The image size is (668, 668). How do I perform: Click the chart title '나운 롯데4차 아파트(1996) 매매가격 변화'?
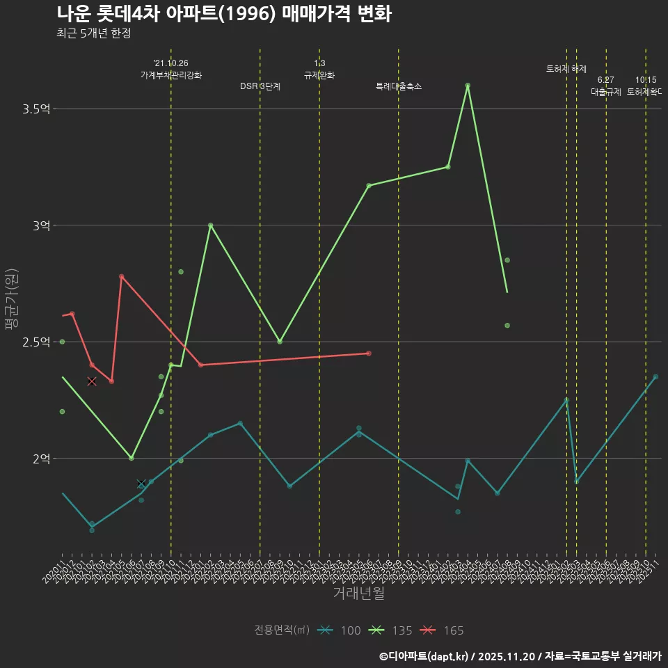(x=223, y=14)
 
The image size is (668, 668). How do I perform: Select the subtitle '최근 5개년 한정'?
(x=93, y=33)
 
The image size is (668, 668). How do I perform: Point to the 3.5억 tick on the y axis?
(x=38, y=109)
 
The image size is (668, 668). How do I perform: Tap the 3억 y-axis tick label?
(x=42, y=225)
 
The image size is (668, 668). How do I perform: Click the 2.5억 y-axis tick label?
(x=38, y=342)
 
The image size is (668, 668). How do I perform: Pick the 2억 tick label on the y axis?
(x=42, y=459)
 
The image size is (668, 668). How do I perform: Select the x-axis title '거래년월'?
(x=358, y=594)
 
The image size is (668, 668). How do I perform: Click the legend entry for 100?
(x=339, y=630)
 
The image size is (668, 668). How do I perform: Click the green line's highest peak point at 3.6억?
(x=468, y=86)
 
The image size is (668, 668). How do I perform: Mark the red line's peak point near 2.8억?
(x=122, y=277)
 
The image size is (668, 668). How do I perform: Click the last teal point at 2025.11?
(x=655, y=376)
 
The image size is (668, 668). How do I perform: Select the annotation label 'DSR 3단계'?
(x=260, y=87)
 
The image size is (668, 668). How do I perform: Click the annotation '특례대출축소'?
(x=399, y=87)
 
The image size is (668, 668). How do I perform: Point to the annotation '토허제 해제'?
(x=566, y=69)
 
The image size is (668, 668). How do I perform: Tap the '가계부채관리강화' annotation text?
(x=171, y=75)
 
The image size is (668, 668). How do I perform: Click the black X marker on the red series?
(x=92, y=381)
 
